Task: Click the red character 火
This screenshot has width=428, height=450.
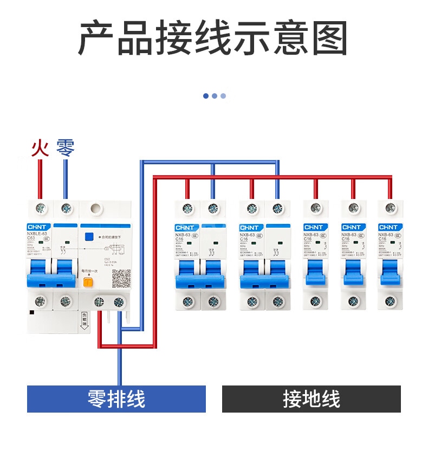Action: tap(40, 147)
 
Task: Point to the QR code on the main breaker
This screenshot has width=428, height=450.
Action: tap(121, 278)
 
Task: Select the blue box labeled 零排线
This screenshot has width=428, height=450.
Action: tap(116, 399)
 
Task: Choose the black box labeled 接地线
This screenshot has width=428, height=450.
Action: tap(312, 399)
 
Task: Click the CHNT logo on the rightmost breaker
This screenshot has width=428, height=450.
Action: tap(388, 227)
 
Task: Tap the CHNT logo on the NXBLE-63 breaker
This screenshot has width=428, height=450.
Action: tap(38, 227)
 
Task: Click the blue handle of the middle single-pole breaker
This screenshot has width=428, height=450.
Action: tap(353, 271)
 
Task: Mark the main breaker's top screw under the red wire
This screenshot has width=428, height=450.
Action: tap(40, 207)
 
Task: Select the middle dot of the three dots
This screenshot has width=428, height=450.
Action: tap(215, 96)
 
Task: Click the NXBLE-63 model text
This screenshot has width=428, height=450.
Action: tap(37, 234)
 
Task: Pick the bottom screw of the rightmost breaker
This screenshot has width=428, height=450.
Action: tap(390, 301)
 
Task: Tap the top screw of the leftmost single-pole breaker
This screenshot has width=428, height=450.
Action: tap(315, 207)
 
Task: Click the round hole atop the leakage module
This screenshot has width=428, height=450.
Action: tap(96, 208)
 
